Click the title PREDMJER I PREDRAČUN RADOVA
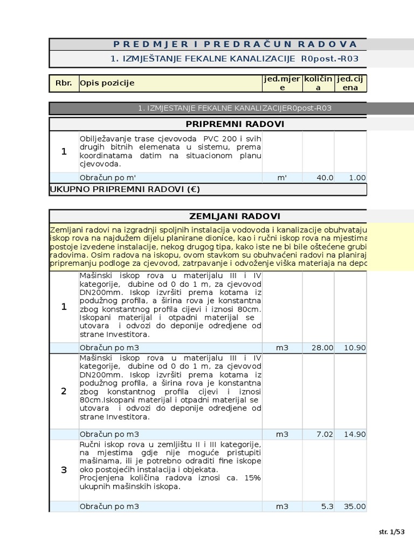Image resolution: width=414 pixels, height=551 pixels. click(235, 44)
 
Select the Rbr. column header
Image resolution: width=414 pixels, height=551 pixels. click(64, 83)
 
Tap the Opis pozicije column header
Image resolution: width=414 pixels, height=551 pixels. click(107, 83)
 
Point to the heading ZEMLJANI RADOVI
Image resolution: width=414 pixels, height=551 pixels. click(234, 216)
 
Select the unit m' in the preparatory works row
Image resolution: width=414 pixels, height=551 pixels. click(282, 178)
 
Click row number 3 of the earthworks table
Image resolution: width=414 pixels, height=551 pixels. click(64, 470)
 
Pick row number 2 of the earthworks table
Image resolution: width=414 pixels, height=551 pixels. click(64, 391)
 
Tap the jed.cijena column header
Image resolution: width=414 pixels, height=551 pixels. click(350, 83)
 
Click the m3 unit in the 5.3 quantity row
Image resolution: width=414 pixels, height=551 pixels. click(282, 506)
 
